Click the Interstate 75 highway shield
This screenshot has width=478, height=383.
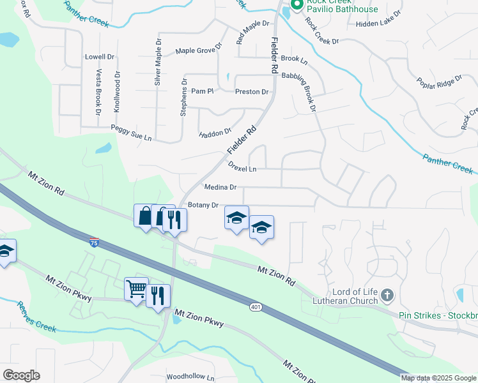point(94,242)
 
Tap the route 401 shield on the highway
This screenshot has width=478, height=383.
point(256,307)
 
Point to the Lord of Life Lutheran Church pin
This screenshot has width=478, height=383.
point(387,295)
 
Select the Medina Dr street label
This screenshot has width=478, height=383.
point(220,188)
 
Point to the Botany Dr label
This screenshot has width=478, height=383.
point(204,206)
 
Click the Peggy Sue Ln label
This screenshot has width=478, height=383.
point(131,132)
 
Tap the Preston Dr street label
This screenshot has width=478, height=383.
point(252,92)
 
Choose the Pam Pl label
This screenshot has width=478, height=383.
point(201,91)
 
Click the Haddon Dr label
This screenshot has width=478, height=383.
point(215,133)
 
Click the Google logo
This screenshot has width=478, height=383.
point(21,375)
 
